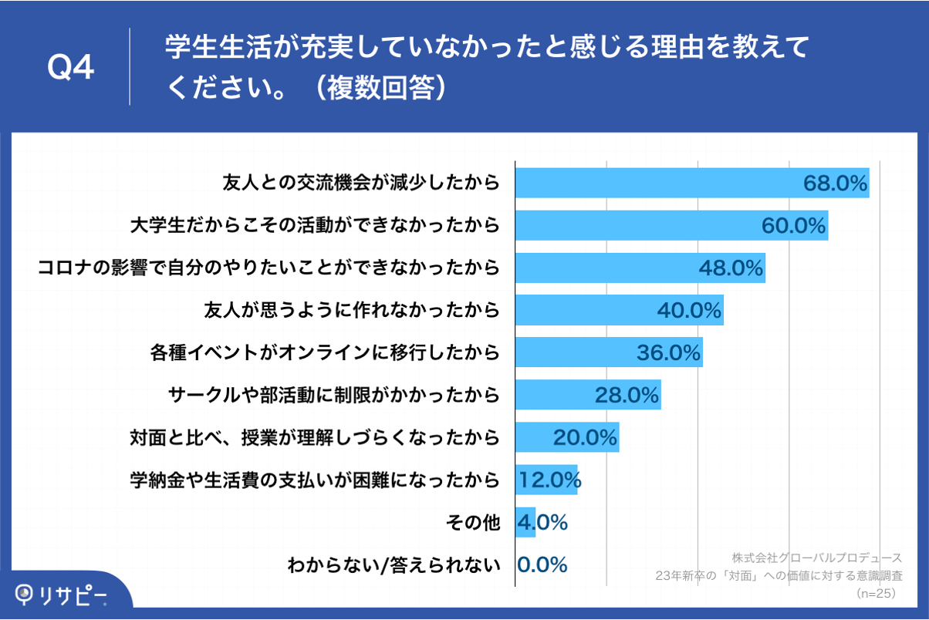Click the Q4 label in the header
click(71, 69)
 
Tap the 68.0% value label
click(836, 184)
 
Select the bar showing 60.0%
click(671, 225)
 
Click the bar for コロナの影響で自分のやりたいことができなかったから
click(640, 268)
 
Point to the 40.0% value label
click(689, 310)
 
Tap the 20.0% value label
click(585, 438)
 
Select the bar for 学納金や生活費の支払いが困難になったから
click(546, 480)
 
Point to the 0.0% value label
click(542, 564)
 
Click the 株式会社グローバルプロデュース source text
click(816, 557)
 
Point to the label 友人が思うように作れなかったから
click(351, 311)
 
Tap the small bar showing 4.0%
click(525, 522)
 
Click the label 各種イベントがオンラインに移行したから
click(324, 353)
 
